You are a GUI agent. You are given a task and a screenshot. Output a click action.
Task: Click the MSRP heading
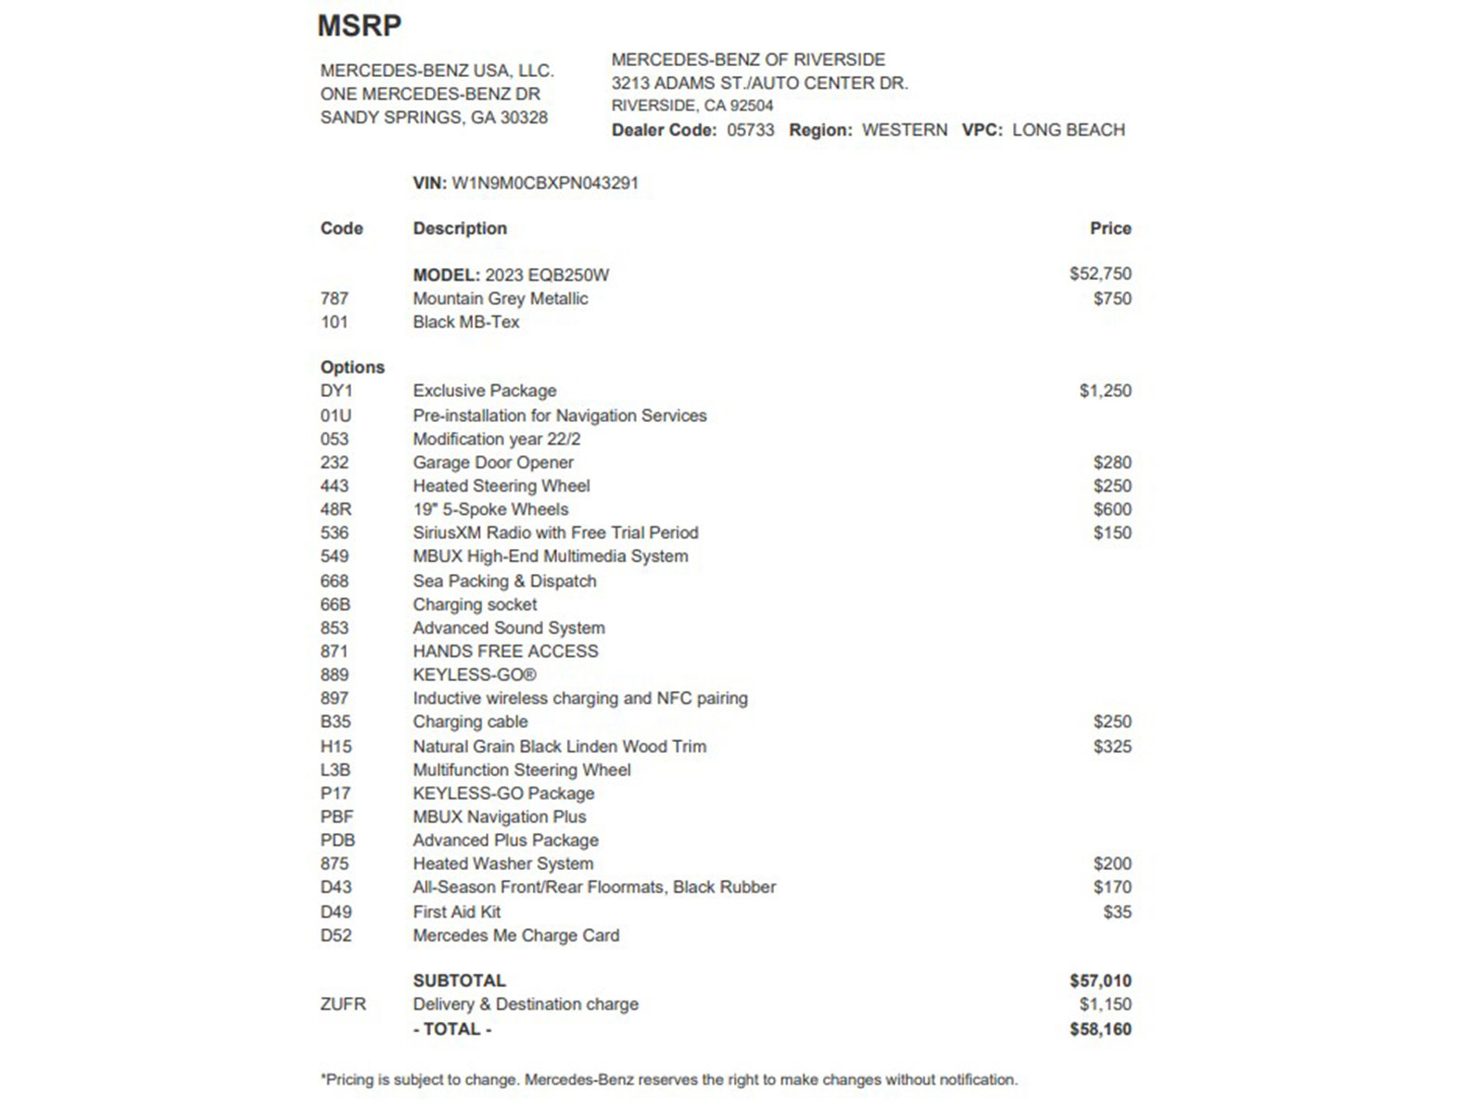coord(359,25)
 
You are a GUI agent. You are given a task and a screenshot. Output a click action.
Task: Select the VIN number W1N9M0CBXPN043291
coord(545,184)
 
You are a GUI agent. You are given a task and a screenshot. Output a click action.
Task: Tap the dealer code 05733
coord(750,130)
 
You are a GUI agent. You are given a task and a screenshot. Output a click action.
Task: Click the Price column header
coord(1109,228)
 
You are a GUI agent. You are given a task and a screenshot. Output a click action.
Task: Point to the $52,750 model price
coord(1099,274)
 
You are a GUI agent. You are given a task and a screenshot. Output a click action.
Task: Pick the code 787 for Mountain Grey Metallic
coord(335,299)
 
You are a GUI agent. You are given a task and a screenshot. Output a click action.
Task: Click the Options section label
coord(352,367)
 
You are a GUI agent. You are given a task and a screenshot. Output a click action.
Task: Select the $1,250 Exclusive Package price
coord(1105,390)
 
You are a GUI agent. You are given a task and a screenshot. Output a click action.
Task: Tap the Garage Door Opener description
coord(493,462)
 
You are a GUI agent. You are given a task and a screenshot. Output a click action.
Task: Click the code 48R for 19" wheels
coord(336,509)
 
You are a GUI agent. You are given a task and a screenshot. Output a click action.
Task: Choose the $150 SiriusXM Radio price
coord(1111,532)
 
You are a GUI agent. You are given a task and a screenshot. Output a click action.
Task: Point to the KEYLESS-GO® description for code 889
coord(475,674)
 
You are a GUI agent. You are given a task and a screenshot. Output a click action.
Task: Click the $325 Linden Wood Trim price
coord(1111,747)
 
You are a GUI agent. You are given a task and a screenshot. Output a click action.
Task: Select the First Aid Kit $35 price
coord(1117,912)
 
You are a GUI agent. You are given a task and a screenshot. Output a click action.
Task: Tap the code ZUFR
coord(343,1004)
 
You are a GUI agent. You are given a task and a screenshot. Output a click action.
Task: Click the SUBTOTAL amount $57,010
coord(1099,980)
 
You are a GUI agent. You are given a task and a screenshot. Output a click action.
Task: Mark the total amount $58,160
coord(1099,1029)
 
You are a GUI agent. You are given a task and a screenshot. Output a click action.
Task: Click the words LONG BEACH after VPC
coord(1068,130)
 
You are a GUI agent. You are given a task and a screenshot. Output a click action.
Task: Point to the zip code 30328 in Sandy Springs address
coord(524,118)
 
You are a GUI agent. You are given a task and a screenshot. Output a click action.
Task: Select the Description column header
coord(460,228)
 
